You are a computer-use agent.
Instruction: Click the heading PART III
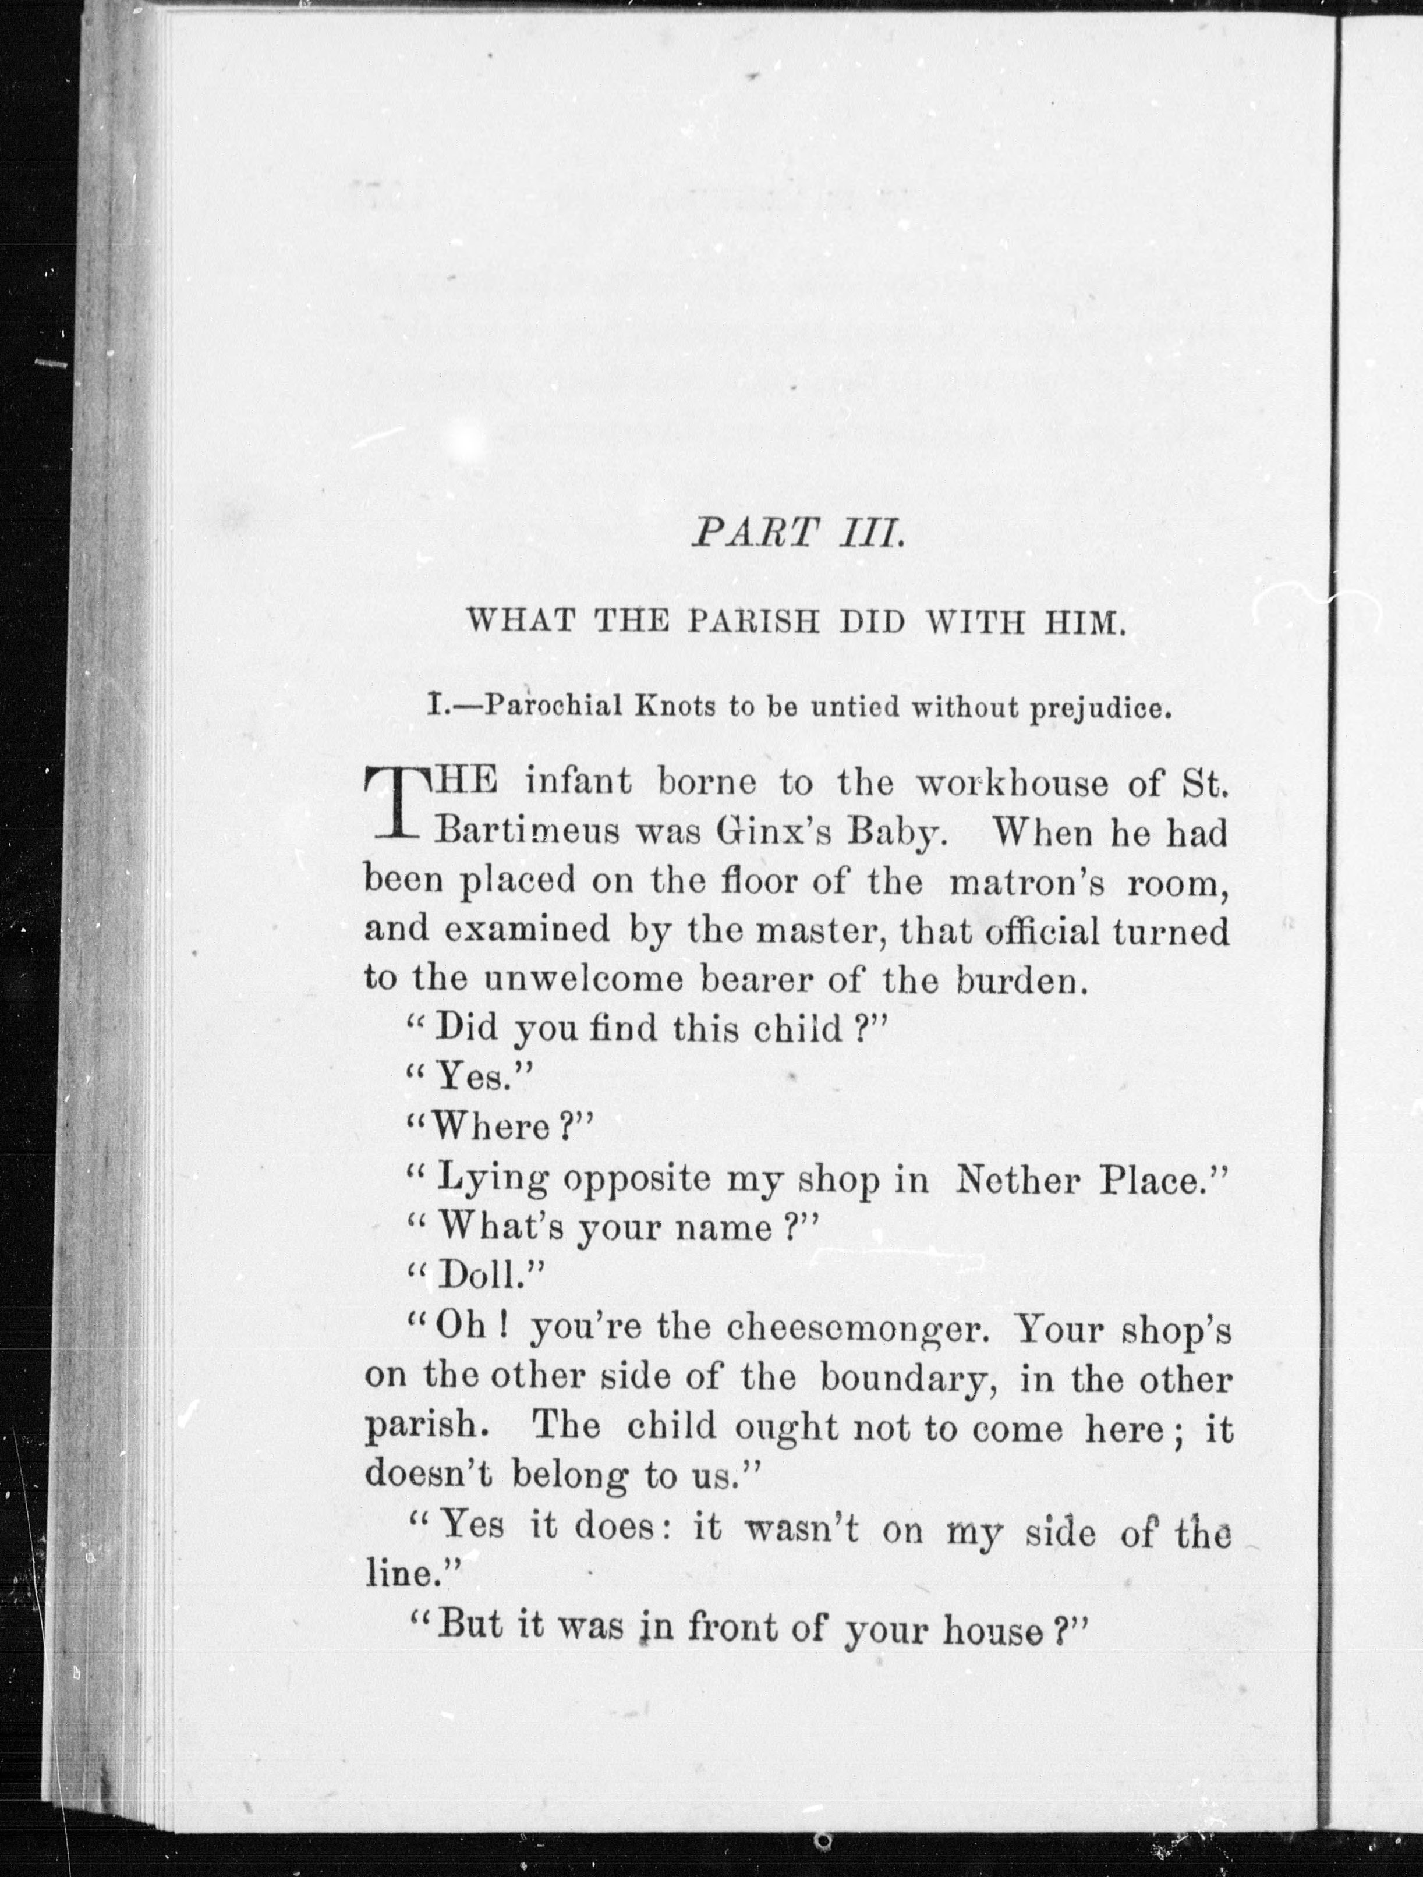coord(795,534)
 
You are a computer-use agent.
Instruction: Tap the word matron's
coord(1026,883)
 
